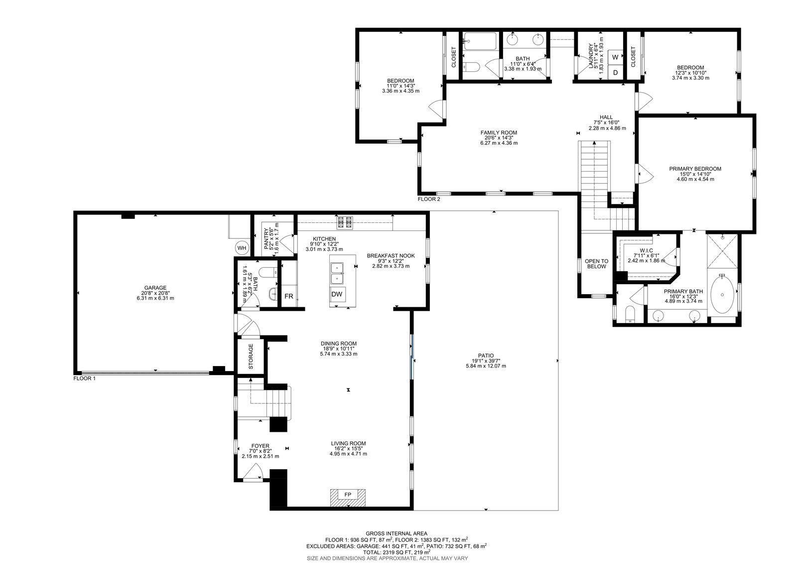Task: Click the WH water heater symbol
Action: [242, 248]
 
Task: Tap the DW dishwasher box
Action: [337, 294]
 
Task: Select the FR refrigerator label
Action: [289, 296]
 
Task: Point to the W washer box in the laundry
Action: [615, 57]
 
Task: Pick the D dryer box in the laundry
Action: [615, 72]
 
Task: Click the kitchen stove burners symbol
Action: [345, 223]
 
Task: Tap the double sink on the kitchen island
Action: [337, 273]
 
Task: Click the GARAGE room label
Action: [155, 288]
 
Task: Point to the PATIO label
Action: [486, 356]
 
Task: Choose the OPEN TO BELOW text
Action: [597, 264]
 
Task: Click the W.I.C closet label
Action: [646, 250]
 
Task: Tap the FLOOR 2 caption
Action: [429, 199]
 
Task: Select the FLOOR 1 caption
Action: [84, 378]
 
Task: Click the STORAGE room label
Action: [251, 356]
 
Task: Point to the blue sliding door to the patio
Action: [411, 357]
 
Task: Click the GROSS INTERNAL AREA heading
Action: [397, 534]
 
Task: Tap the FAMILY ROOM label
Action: [499, 133]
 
